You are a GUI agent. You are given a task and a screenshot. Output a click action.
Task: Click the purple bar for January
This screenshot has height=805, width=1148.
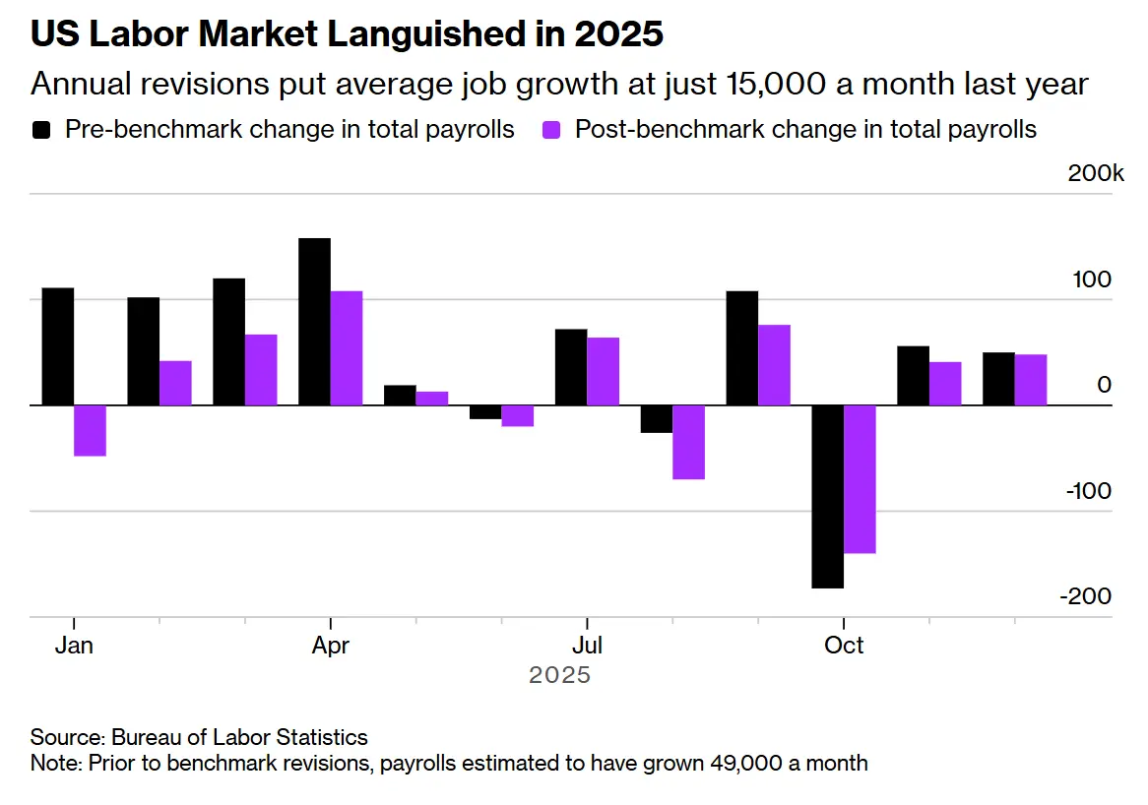click(90, 430)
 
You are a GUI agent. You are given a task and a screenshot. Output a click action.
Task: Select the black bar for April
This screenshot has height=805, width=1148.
click(314, 321)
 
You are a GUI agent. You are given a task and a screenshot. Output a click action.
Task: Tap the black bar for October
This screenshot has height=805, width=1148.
click(828, 496)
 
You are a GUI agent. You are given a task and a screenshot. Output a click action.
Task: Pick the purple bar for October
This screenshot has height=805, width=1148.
click(860, 478)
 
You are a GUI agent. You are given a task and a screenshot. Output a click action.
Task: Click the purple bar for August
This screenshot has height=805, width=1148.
click(688, 442)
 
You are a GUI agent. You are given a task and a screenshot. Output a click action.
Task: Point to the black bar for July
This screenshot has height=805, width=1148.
click(571, 367)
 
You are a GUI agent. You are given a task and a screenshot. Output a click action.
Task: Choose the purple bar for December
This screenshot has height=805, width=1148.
click(1031, 380)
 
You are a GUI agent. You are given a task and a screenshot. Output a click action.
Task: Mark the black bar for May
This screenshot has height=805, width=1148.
click(400, 395)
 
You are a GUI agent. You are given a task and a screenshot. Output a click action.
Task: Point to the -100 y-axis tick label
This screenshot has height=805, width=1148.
click(1089, 491)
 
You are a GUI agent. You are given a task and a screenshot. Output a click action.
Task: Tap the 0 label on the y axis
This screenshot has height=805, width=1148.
click(1105, 386)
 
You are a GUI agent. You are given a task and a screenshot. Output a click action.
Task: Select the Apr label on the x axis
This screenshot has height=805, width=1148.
click(330, 646)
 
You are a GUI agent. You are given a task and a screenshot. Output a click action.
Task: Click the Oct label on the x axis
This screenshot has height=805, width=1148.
click(844, 646)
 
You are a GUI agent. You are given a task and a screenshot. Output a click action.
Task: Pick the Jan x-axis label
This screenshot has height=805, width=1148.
click(74, 646)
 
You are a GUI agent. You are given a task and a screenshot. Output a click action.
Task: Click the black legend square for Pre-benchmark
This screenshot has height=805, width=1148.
click(42, 130)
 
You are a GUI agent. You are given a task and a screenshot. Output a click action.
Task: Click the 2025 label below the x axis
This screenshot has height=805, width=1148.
click(560, 676)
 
